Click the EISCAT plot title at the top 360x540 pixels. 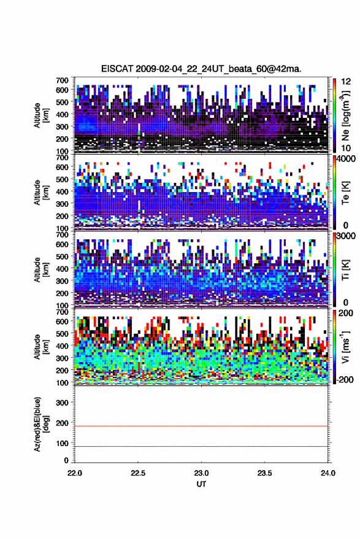click(201, 69)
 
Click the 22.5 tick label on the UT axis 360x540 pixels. click(138, 473)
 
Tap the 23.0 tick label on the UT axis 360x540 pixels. click(201, 473)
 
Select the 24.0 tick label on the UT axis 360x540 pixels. click(327, 473)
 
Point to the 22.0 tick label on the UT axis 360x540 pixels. click(75, 473)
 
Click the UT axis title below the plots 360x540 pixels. click(201, 484)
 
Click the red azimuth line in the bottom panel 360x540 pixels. click(201, 426)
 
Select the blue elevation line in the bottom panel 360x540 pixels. click(201, 446)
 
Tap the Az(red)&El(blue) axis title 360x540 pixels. click(40, 424)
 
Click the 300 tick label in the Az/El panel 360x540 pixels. click(62, 403)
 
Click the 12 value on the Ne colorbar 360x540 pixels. click(346, 82)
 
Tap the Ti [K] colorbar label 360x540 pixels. click(345, 270)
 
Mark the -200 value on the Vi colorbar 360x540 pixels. click(345, 380)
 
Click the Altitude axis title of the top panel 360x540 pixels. click(40, 115)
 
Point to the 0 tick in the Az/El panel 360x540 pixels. click(66, 460)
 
